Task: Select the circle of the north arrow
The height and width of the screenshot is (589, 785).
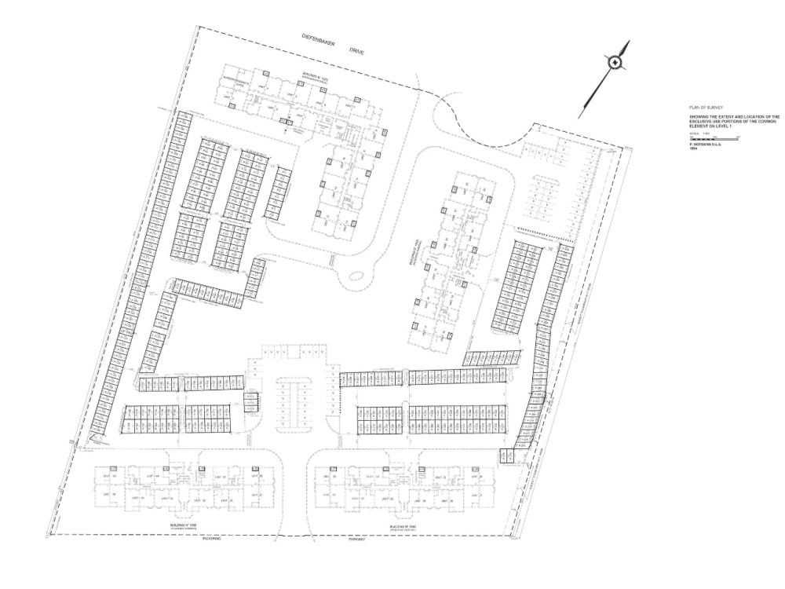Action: click(617, 63)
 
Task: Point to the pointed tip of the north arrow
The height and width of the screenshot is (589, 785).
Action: click(628, 42)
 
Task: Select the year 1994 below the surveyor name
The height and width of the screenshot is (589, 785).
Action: click(693, 149)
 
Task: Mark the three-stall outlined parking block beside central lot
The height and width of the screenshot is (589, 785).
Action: click(251, 401)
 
